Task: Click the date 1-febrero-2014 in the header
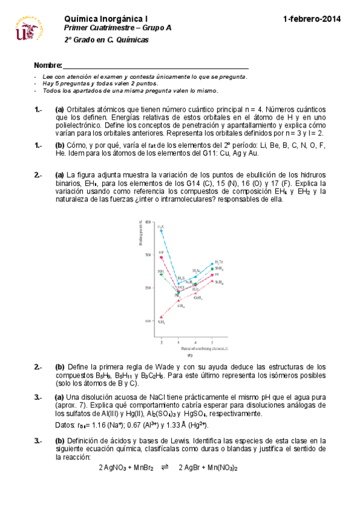[x=312, y=19]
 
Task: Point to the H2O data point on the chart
[x=161, y=231]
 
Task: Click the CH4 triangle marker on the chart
[x=161, y=317]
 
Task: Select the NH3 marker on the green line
[x=161, y=274]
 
